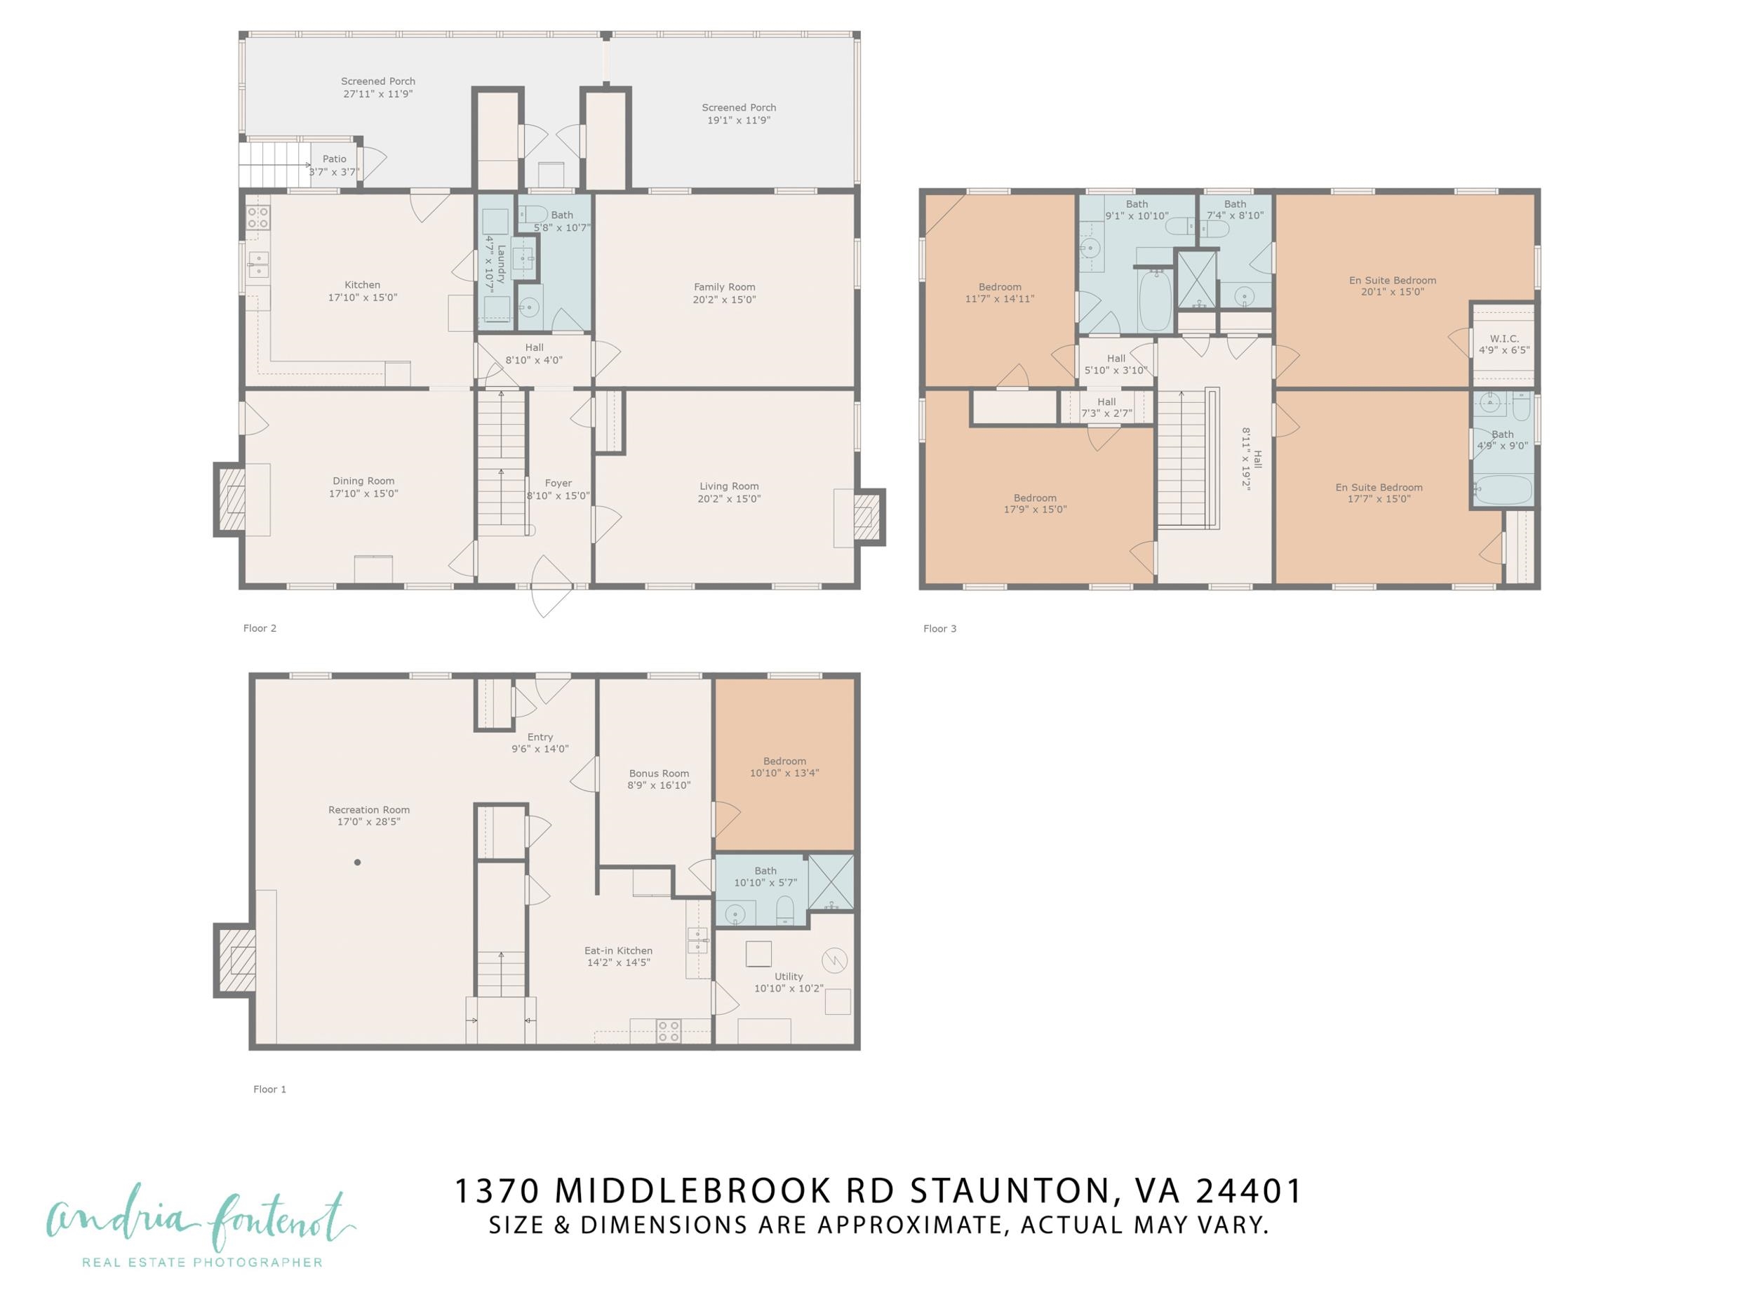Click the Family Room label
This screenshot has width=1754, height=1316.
tap(724, 287)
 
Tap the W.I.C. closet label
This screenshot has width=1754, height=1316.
tap(1504, 339)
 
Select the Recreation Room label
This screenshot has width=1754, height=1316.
tap(369, 810)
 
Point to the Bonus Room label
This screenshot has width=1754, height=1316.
tap(659, 773)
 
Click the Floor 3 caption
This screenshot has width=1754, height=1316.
tap(939, 629)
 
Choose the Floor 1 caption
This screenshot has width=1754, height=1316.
tap(269, 1089)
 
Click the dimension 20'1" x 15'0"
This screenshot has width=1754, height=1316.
tap(1393, 292)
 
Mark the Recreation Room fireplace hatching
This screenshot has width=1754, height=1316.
tap(236, 961)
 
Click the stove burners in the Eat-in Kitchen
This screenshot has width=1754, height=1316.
tap(669, 1030)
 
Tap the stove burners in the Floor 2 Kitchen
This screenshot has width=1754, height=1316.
tap(257, 218)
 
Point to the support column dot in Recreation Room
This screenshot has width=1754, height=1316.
tap(358, 863)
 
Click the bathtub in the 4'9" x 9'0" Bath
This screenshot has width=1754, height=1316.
tap(1503, 489)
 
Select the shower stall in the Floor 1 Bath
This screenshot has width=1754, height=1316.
tap(831, 882)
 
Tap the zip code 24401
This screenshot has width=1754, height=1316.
tap(1249, 1190)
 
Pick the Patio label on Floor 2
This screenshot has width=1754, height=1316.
tap(334, 159)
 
